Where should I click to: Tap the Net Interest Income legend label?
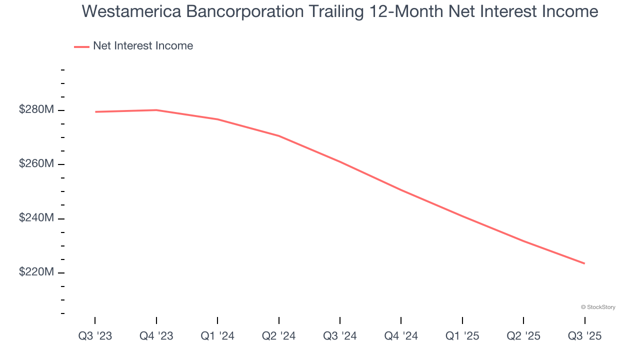[x=142, y=46]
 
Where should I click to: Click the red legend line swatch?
[x=81, y=46]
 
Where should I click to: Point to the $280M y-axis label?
[x=36, y=110]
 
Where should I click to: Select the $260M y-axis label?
[x=36, y=164]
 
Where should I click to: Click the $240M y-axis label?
[x=36, y=218]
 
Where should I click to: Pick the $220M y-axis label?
[x=36, y=272]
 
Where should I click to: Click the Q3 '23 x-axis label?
[x=95, y=336]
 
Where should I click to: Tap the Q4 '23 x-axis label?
[x=156, y=336]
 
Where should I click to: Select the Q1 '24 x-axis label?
[x=217, y=336]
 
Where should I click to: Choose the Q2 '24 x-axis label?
[x=279, y=336]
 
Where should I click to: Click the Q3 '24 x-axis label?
[x=340, y=336]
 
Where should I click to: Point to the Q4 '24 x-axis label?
[x=401, y=336]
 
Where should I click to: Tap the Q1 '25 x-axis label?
[x=462, y=336]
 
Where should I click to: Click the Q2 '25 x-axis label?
[x=523, y=336]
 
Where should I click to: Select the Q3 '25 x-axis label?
[x=584, y=336]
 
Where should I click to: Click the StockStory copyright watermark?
[x=598, y=307]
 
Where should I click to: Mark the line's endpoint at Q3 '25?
[x=584, y=263]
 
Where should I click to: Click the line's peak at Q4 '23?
[x=156, y=110]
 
